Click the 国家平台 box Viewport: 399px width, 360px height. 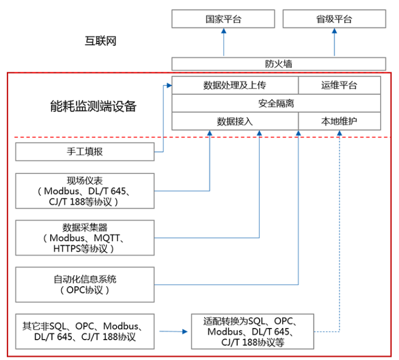(x=224, y=19)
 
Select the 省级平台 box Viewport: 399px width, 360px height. (x=334, y=19)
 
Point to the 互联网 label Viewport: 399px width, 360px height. (x=101, y=41)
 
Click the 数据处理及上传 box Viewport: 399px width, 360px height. (x=235, y=85)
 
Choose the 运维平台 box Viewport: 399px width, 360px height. (x=339, y=85)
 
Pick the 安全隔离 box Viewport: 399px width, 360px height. (x=276, y=103)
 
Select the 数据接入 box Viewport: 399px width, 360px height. (x=235, y=121)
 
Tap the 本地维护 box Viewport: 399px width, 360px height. (x=339, y=121)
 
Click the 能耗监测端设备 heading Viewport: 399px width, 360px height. (x=93, y=106)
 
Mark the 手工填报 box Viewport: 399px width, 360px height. (x=85, y=152)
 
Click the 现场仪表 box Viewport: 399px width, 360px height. (x=85, y=191)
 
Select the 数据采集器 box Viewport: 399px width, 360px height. (x=85, y=238)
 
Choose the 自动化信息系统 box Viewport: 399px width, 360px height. (x=85, y=284)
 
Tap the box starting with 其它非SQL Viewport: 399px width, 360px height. (x=85, y=331)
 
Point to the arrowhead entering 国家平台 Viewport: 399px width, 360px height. (x=224, y=31)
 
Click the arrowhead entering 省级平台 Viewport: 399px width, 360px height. (x=334, y=31)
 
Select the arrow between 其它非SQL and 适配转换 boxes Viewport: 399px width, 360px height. (x=173, y=331)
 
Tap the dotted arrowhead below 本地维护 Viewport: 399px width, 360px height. (x=339, y=133)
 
